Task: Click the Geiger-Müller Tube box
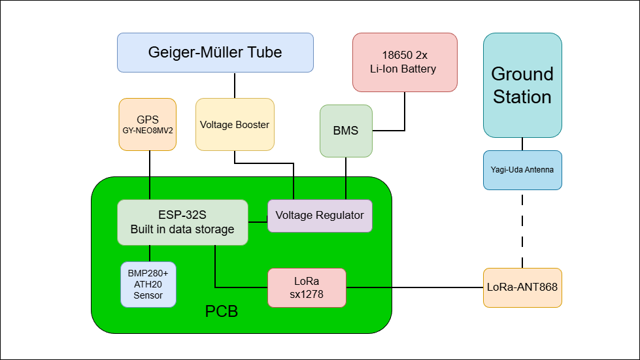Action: point(215,52)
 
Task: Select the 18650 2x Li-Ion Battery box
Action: point(405,62)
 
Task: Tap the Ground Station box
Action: point(522,85)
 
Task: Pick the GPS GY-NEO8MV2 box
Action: point(148,124)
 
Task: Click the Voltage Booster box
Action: point(235,124)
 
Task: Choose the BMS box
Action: point(346,131)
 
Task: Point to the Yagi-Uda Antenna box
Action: point(522,170)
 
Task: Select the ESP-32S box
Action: point(182,222)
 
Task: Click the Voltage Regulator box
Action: point(320,216)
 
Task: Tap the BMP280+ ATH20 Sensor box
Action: point(148,284)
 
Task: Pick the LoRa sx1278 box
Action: point(307,287)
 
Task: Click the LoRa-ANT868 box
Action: point(522,287)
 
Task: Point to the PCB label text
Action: point(222,311)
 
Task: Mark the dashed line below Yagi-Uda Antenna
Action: point(522,229)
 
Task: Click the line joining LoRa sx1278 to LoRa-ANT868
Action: point(414,287)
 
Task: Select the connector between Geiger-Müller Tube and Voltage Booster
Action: point(235,85)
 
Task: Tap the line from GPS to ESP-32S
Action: point(150,175)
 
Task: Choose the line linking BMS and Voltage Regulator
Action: point(345,178)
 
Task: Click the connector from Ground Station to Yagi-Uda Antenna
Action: point(522,144)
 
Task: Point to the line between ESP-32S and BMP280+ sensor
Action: point(150,253)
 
